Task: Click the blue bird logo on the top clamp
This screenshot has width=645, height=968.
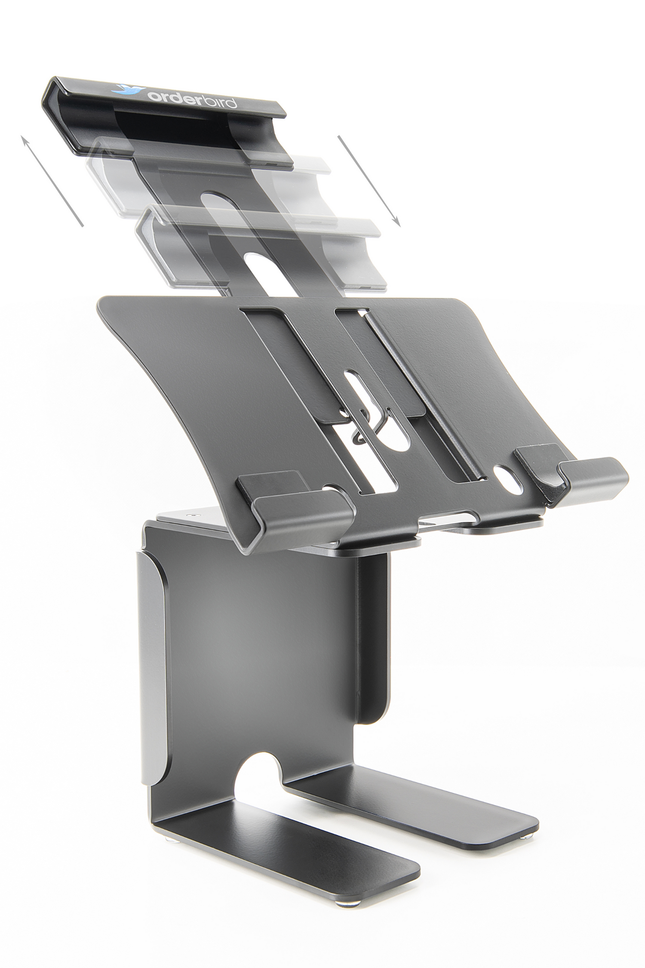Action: tap(125, 89)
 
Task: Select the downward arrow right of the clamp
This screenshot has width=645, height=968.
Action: tap(369, 180)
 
